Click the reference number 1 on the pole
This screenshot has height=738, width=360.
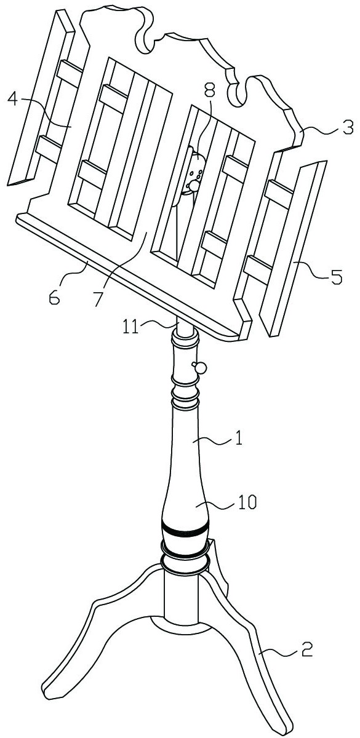pos(239,439)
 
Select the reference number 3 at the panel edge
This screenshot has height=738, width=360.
pos(347,127)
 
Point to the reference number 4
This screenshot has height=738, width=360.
pos(12,98)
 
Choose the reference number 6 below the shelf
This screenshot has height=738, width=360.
pos(55,298)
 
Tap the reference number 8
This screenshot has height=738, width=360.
pos(209,89)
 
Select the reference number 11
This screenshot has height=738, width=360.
pos(131,328)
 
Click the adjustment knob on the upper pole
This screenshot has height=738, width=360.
pos(199,367)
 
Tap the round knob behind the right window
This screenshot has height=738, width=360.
pos(194,186)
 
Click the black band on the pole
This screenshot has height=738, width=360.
pos(185,530)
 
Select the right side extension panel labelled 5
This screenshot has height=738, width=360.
pos(293,248)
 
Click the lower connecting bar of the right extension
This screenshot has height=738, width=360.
pos(260,269)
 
